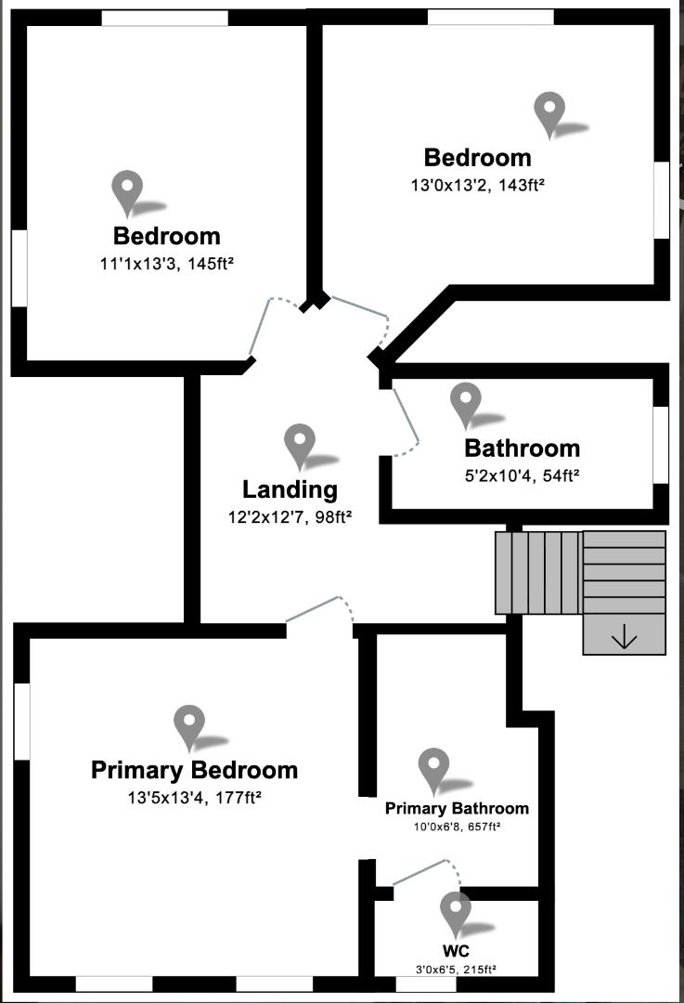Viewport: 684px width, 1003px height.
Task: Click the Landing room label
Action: (x=290, y=489)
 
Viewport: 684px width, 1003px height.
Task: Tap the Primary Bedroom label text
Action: (x=194, y=770)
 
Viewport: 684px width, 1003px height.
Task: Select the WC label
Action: (x=456, y=952)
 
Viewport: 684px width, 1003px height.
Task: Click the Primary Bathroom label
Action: (x=457, y=808)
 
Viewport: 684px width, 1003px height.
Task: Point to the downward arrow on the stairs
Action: (x=624, y=637)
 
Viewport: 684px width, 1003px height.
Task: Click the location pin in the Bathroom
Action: (x=465, y=402)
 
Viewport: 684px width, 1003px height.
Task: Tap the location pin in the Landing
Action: (x=300, y=443)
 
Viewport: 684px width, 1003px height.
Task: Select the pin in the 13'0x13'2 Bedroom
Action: (x=549, y=111)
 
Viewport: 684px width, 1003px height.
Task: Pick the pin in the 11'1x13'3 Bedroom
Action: (x=126, y=190)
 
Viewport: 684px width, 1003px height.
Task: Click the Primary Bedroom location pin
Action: (x=189, y=724)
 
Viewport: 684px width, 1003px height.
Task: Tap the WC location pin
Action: (x=455, y=911)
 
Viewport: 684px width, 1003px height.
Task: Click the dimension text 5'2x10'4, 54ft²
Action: (x=522, y=475)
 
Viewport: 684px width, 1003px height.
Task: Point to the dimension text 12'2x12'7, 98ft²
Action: (x=290, y=516)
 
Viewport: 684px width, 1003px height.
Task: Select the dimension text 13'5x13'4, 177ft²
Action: (x=194, y=797)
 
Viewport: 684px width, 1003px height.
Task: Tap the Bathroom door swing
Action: (x=407, y=423)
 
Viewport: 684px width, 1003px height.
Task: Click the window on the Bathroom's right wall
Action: (x=661, y=444)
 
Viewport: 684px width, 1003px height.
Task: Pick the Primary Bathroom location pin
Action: (x=433, y=767)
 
